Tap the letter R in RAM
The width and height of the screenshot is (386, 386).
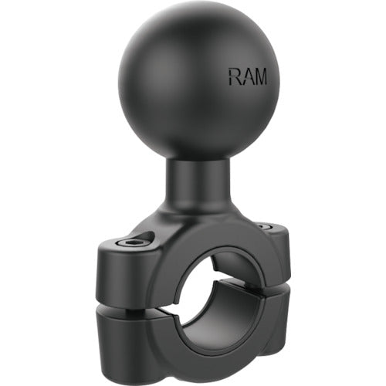coord(232,76)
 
